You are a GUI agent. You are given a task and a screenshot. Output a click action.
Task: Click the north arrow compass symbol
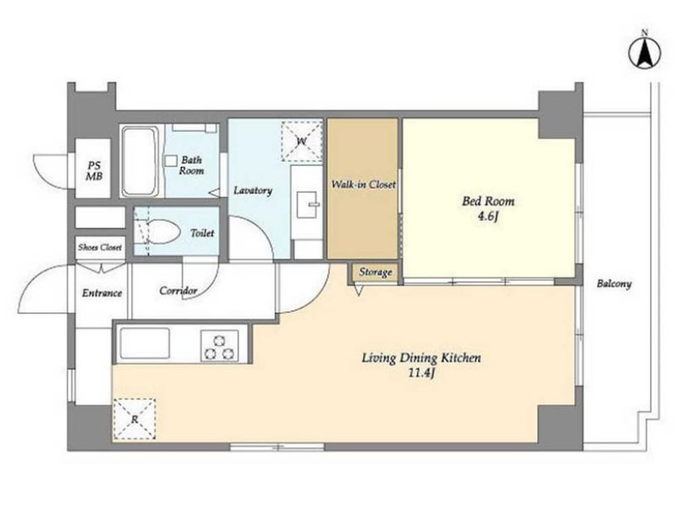click(645, 51)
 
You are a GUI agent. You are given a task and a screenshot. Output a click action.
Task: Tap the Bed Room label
click(488, 201)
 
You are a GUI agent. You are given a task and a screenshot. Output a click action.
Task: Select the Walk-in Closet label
click(364, 184)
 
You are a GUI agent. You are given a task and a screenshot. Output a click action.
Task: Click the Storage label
click(375, 272)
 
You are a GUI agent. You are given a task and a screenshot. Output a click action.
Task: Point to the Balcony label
click(614, 283)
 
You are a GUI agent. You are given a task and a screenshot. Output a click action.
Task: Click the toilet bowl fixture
click(163, 232)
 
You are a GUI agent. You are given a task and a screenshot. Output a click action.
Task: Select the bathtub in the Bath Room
click(140, 161)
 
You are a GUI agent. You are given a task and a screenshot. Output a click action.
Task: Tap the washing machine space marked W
click(301, 140)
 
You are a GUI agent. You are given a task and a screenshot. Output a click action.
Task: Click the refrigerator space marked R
click(135, 419)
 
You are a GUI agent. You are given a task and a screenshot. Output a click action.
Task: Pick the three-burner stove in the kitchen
click(219, 346)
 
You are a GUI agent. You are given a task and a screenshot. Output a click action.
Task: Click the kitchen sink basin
click(145, 343)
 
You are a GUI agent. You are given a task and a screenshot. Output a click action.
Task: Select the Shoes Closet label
click(100, 247)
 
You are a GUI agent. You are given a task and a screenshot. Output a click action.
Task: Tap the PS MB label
click(94, 171)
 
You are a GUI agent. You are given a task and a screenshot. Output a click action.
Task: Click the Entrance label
click(102, 292)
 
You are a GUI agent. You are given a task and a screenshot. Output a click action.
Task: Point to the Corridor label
click(179, 291)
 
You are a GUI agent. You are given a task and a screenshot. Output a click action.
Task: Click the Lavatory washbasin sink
click(307, 204)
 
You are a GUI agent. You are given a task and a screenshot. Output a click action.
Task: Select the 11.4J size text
click(420, 373)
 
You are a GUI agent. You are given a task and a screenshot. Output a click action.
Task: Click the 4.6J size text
click(488, 217)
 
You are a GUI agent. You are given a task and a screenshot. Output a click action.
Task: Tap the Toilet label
click(202, 233)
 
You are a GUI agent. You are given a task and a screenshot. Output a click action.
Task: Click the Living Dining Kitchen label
click(421, 358)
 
